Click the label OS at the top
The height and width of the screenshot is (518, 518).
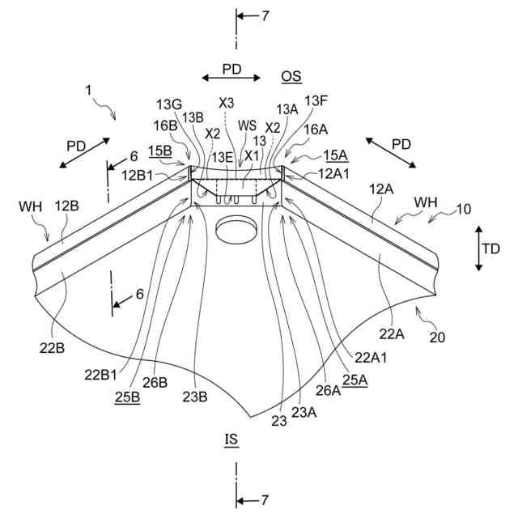(x=291, y=76)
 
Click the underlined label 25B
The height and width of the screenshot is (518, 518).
(x=127, y=397)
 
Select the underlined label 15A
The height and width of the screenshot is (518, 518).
(x=335, y=155)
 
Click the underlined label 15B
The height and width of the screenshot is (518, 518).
(x=160, y=151)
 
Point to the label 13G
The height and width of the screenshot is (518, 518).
(x=169, y=104)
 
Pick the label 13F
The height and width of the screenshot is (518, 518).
(x=316, y=101)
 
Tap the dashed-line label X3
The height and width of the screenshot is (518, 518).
(x=227, y=104)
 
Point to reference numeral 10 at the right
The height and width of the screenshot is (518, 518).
(x=463, y=210)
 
